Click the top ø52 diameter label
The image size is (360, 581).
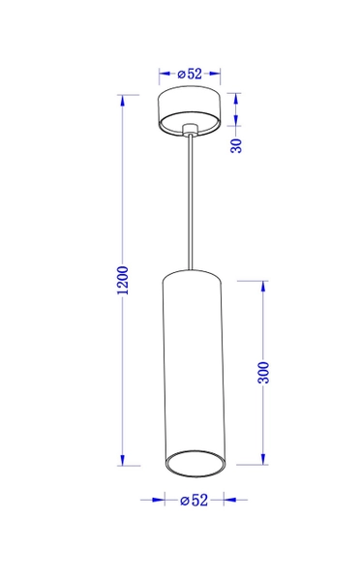(190, 73)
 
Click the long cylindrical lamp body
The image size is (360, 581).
(193, 368)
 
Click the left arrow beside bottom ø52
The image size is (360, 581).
(155, 501)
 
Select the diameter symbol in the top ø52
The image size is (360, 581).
(181, 73)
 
